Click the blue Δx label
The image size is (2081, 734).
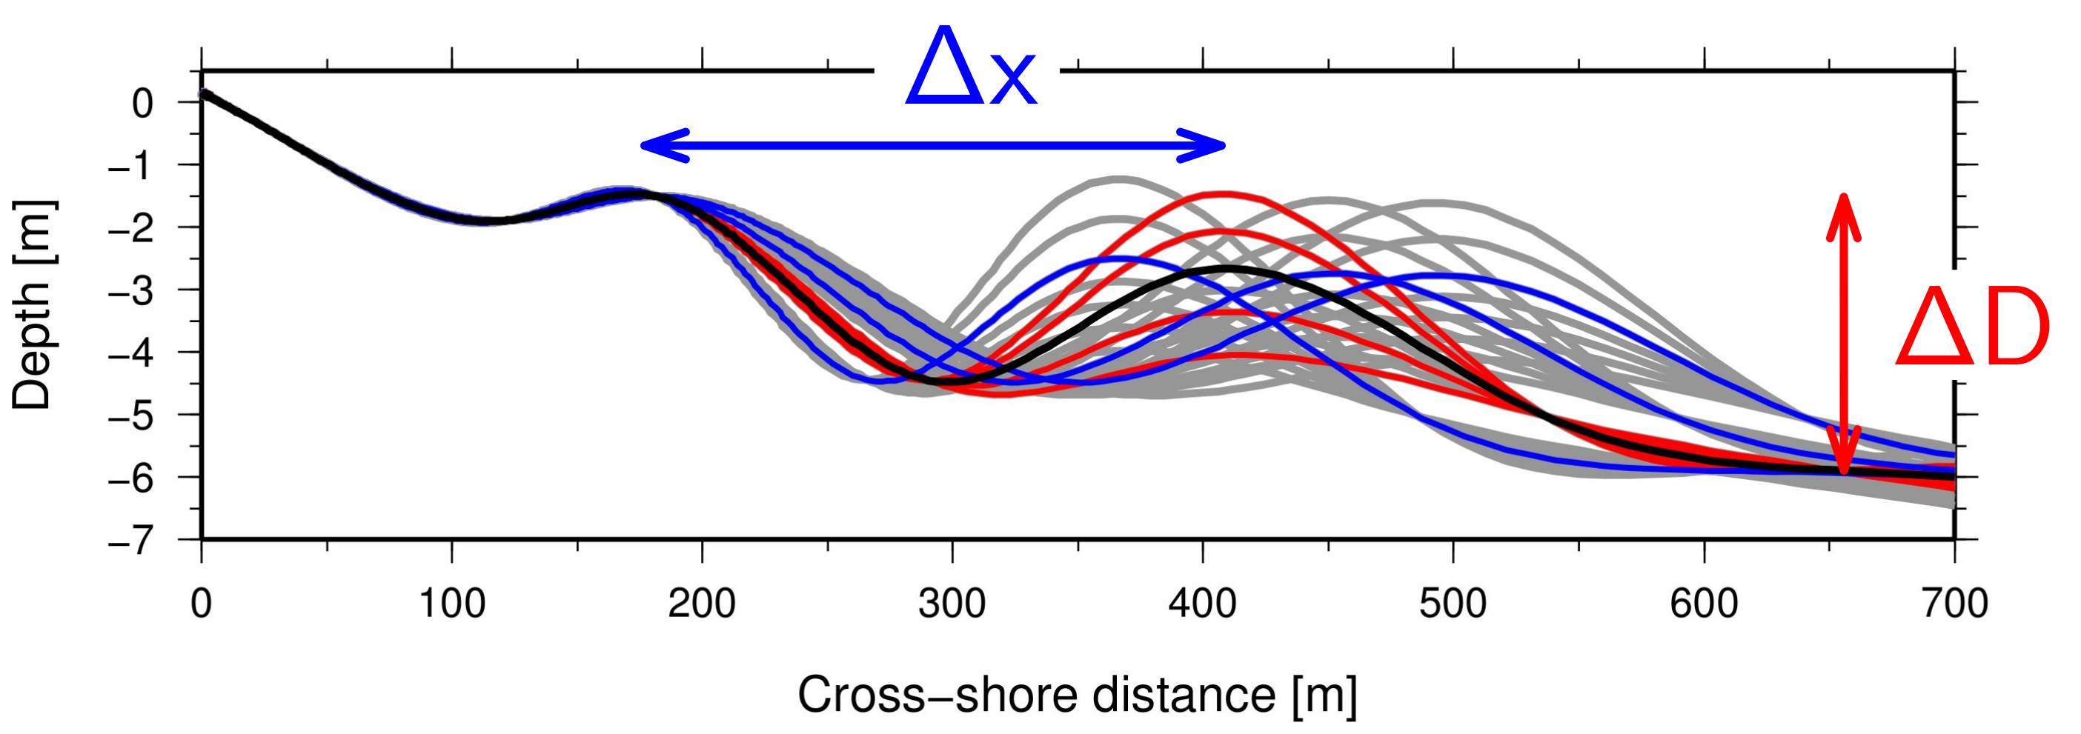click(970, 69)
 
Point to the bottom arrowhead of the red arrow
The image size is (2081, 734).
click(1845, 464)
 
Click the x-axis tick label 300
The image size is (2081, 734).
click(952, 603)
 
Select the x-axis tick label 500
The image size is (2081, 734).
click(1453, 603)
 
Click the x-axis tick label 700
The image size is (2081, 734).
click(1954, 603)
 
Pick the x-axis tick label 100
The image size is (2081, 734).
click(451, 603)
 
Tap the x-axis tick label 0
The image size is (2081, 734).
click(201, 603)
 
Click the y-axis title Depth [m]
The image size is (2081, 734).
click(33, 305)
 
